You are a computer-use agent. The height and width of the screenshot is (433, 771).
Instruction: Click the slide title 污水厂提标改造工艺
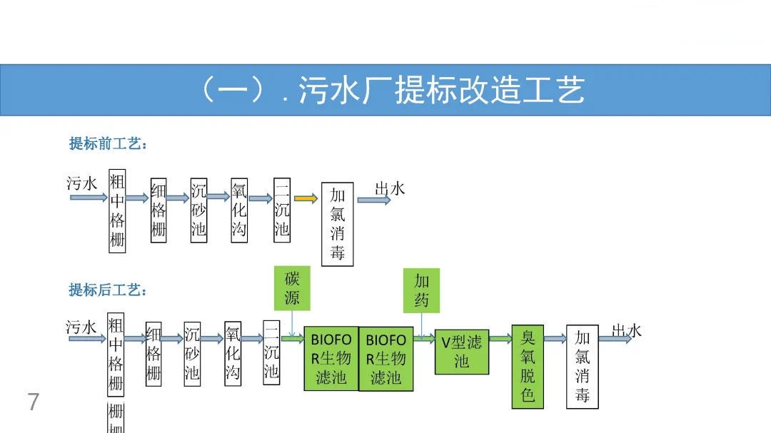click(x=391, y=90)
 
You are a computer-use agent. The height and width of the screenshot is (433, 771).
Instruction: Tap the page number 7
click(x=34, y=402)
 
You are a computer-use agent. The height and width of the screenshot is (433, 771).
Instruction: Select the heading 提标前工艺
click(x=108, y=144)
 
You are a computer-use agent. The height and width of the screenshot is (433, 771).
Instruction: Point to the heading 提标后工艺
click(x=108, y=290)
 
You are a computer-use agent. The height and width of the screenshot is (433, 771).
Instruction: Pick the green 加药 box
click(x=421, y=290)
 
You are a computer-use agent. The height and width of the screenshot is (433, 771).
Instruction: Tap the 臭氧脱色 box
click(x=528, y=367)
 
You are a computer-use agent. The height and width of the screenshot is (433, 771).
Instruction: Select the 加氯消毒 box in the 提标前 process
click(x=338, y=224)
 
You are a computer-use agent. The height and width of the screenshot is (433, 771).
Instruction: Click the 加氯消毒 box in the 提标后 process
click(x=583, y=367)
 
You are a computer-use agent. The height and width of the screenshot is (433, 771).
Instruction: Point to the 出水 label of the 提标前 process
click(x=390, y=189)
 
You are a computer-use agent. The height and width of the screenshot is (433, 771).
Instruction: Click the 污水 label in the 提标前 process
click(x=81, y=184)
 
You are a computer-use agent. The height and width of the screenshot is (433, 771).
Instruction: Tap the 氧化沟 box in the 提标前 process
click(x=239, y=210)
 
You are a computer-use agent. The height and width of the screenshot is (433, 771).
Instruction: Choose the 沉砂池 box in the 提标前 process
click(x=198, y=210)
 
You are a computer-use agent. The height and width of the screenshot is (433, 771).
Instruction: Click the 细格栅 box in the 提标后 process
click(x=153, y=354)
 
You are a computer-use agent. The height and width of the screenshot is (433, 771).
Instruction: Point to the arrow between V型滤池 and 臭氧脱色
click(x=500, y=339)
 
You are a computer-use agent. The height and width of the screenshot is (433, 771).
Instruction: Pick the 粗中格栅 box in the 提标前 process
click(x=117, y=210)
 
